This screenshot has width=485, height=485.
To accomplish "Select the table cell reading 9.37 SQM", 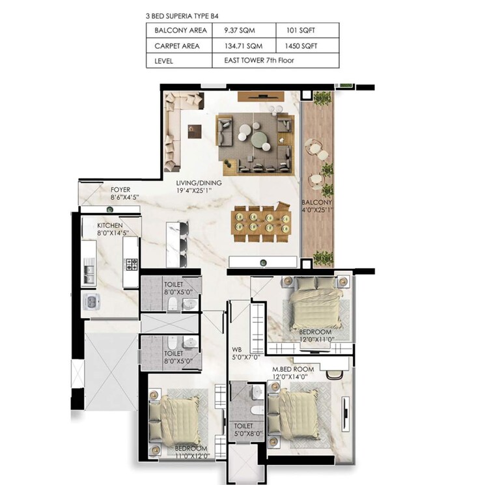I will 239,30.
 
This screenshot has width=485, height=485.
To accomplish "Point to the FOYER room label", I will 120,189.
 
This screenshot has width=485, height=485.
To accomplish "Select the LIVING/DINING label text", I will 199,183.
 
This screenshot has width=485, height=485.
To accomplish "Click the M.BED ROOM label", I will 292,369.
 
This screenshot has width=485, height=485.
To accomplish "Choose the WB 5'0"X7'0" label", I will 246,357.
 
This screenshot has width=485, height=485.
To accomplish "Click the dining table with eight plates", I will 260,223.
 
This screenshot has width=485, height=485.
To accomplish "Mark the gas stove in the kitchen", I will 131,264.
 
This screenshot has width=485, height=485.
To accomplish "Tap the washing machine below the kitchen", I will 91,301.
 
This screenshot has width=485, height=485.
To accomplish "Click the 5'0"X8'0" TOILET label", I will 247,429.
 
